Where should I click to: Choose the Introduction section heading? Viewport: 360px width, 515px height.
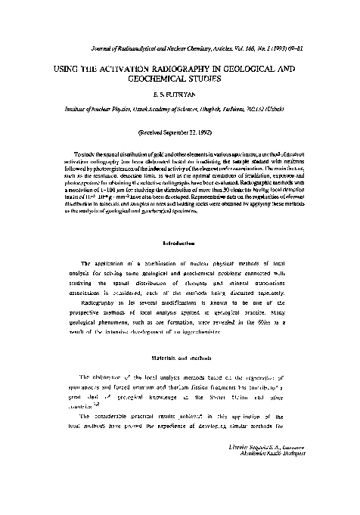180,244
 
